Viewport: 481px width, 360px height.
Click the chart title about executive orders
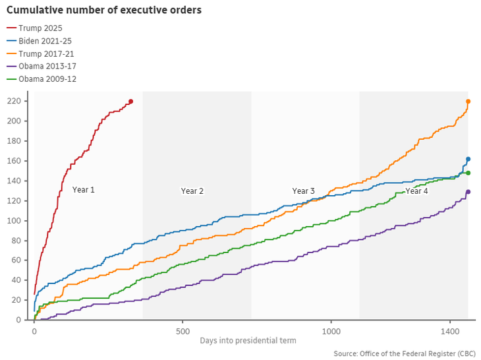(104, 11)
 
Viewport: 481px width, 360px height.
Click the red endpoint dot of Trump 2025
(130, 102)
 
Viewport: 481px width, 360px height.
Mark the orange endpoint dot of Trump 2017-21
(468, 102)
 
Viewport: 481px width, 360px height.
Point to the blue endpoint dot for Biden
(468, 159)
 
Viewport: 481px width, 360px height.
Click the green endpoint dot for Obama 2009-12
(468, 173)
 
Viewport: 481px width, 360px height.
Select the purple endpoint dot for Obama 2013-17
(468, 192)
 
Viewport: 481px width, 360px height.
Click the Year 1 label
(84, 190)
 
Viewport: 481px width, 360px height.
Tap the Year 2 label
(192, 191)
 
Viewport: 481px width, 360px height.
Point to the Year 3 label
(304, 191)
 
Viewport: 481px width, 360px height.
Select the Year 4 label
(416, 191)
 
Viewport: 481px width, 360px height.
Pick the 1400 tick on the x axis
(450, 330)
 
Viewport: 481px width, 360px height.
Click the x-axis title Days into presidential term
(248, 341)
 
